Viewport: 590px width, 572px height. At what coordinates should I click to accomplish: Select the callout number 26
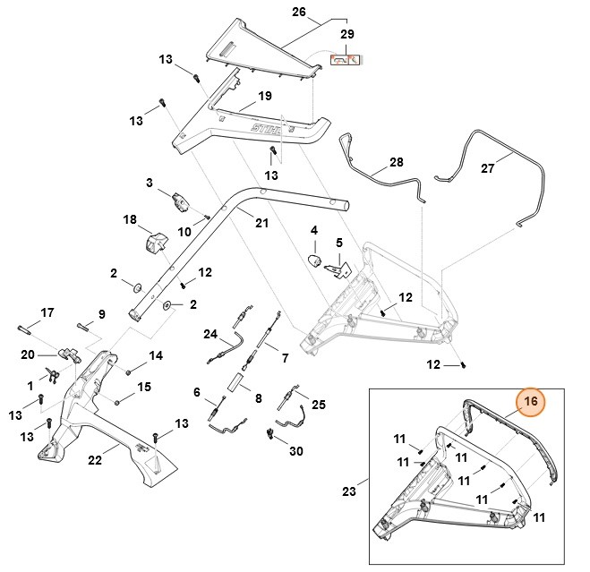tap(299, 13)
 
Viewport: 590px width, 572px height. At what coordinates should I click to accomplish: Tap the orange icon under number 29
tap(346, 61)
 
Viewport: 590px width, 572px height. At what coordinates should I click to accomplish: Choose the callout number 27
tap(513, 167)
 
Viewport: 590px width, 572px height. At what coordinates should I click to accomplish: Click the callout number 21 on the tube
tap(261, 222)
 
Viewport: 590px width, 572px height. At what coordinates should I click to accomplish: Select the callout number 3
tap(150, 183)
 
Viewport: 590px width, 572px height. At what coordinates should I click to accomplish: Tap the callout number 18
tap(129, 219)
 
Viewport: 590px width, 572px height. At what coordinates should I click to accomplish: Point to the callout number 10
tap(184, 232)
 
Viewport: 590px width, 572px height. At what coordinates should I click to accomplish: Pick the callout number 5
tap(339, 243)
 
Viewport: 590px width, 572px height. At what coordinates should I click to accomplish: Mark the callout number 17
tap(47, 312)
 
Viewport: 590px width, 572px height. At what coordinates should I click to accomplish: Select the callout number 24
tap(210, 335)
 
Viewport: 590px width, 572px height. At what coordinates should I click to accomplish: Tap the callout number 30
tap(295, 451)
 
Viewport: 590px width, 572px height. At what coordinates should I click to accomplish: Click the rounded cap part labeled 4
tap(314, 260)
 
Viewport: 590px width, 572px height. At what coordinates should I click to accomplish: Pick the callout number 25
tap(320, 405)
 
